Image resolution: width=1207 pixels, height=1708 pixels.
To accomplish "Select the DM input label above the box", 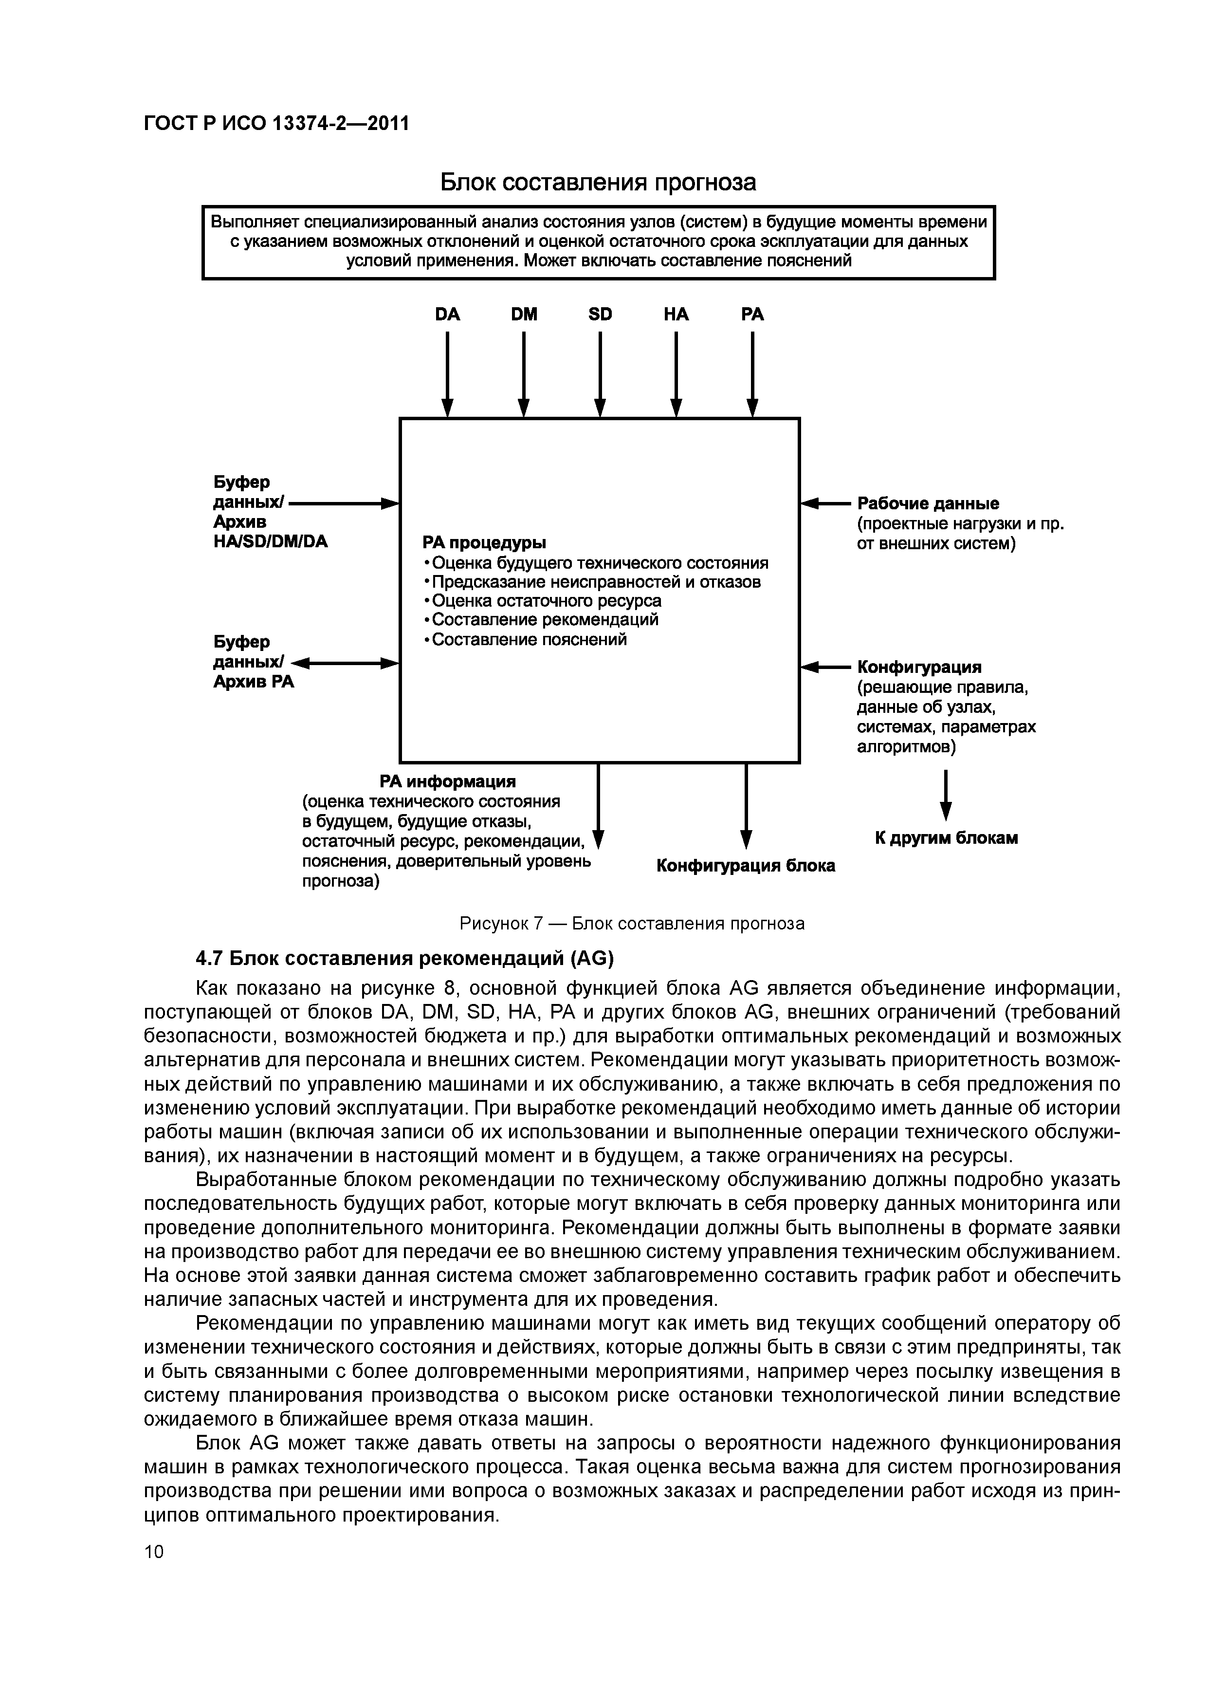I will tap(524, 315).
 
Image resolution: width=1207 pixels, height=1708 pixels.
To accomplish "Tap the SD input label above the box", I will tap(600, 315).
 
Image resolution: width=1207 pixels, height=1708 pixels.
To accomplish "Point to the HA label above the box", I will tap(676, 315).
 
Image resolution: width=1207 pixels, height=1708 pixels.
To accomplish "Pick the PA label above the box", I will tap(752, 315).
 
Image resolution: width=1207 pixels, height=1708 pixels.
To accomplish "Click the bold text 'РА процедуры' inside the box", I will tap(484, 542).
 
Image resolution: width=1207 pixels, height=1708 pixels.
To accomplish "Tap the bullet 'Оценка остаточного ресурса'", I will tap(547, 600).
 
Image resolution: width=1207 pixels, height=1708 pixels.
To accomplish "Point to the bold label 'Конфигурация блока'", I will tap(745, 866).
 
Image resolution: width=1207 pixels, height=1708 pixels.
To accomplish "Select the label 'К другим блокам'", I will tap(946, 838).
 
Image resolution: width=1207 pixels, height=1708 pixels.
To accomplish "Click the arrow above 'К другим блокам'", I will tap(946, 796).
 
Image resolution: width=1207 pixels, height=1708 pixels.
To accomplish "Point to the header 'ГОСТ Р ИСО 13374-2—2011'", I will tap(276, 123).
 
